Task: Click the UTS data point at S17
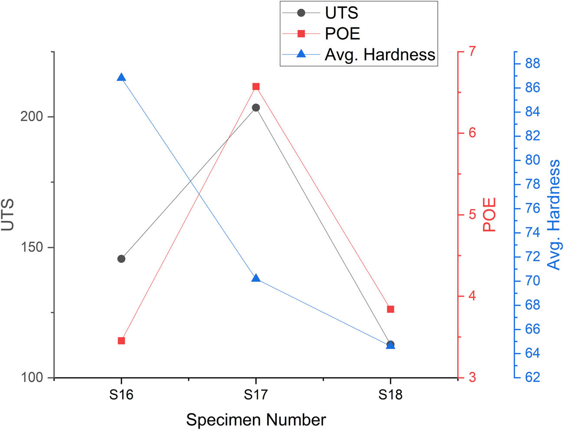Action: pos(256,108)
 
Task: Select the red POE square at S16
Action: pos(121,341)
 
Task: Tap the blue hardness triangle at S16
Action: pos(121,78)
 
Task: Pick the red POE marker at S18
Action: pos(390,309)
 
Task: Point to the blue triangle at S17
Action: pos(256,278)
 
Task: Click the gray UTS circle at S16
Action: pos(121,259)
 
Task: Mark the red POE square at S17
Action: pos(256,87)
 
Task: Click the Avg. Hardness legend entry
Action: pos(380,55)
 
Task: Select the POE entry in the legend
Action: pos(342,34)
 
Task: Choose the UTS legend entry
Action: pos(341,13)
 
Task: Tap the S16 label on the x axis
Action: pos(121,395)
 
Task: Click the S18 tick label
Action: pos(390,395)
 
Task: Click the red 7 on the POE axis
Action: pos(472,51)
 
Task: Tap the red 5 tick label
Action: pos(472,215)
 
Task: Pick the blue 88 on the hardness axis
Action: pos(532,64)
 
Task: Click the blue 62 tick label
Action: pos(532,377)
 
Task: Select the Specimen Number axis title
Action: pos(256,420)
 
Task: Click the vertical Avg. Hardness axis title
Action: pos(554,215)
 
